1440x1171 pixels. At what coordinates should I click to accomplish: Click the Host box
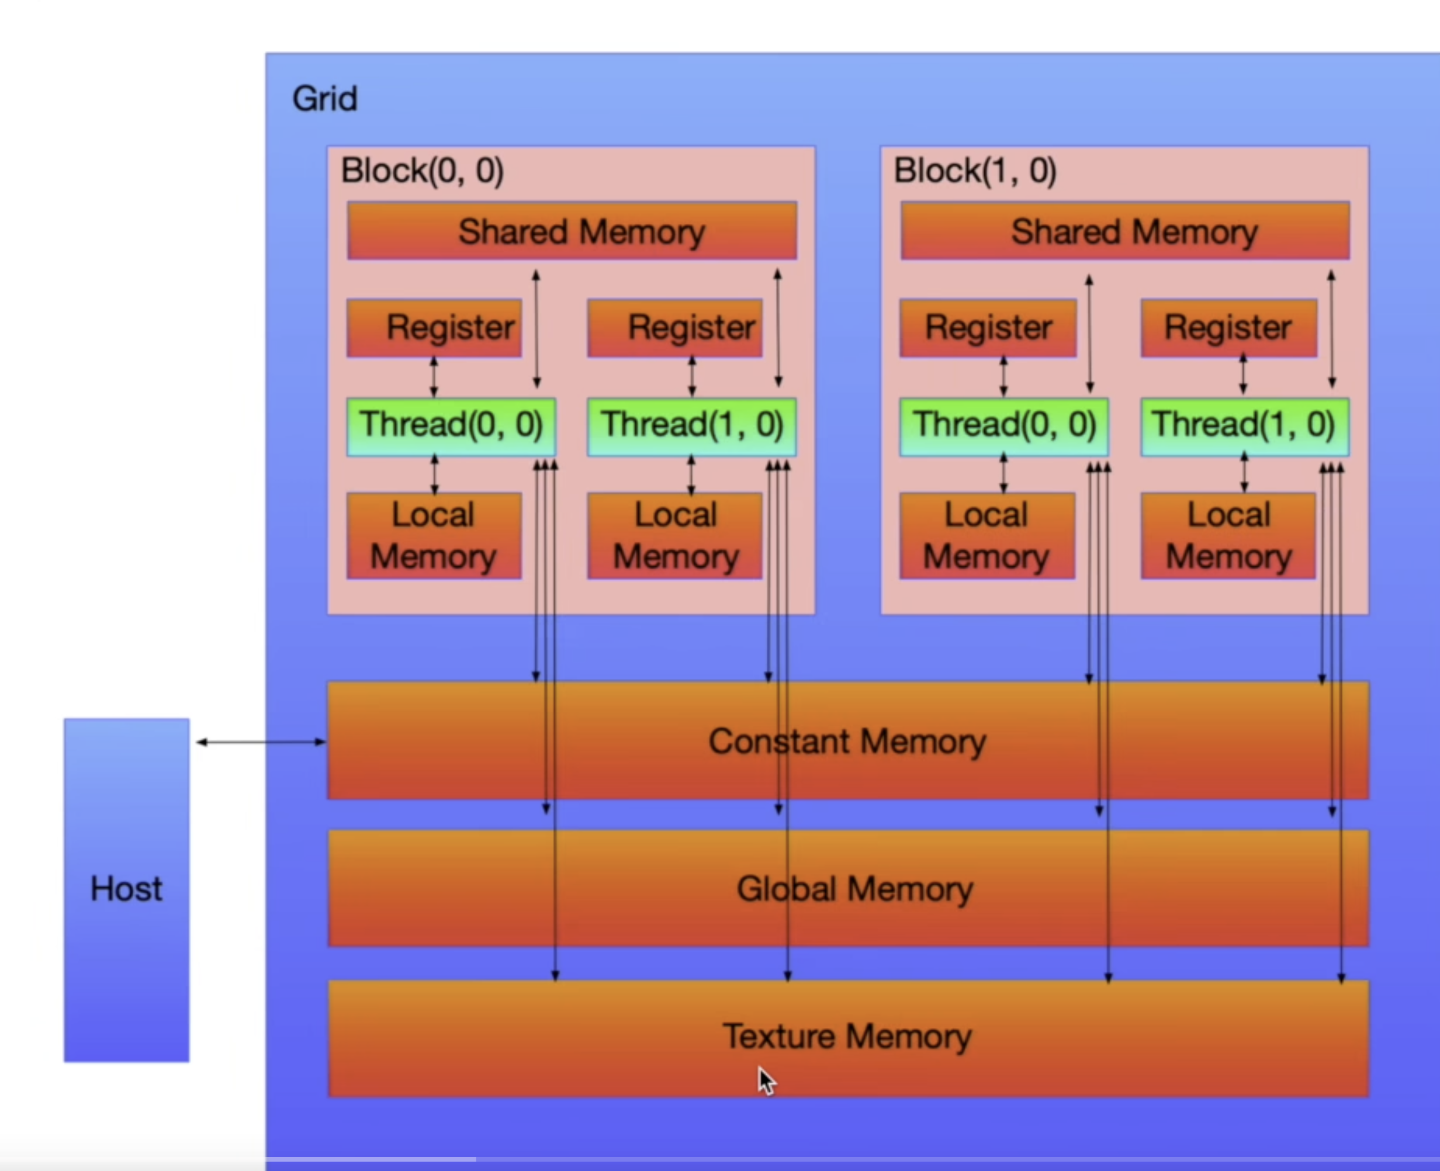[x=126, y=889]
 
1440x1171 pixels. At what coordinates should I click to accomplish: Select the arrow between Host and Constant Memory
[x=260, y=742]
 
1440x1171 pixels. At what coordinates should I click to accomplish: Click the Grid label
[x=324, y=99]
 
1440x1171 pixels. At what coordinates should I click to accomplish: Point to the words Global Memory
[x=854, y=888]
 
